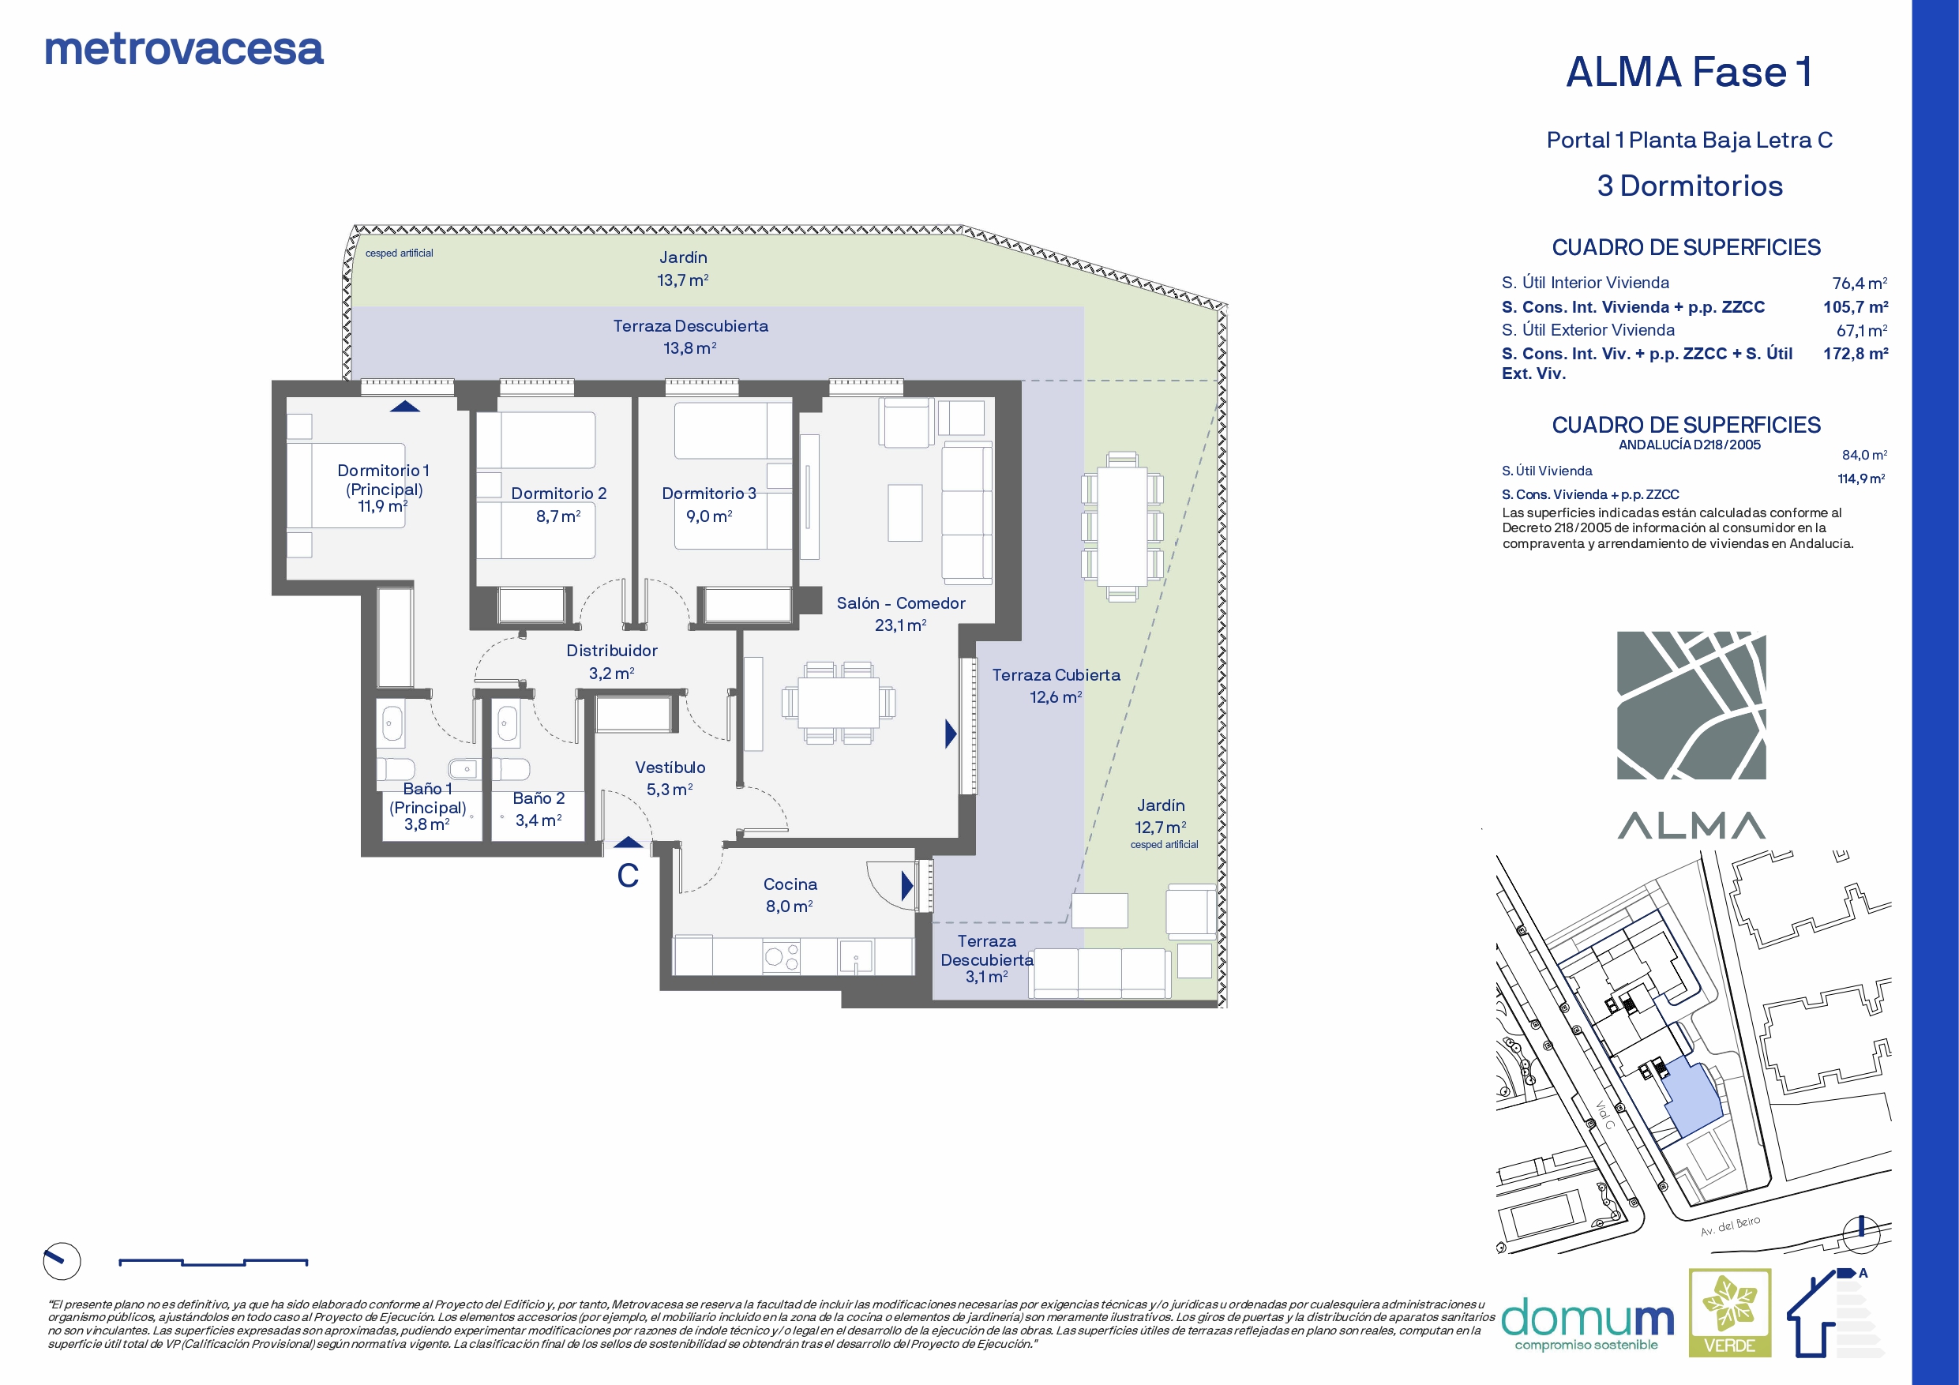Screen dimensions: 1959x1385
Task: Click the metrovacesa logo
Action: (x=183, y=50)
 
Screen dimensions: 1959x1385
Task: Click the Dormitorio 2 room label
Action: (x=559, y=494)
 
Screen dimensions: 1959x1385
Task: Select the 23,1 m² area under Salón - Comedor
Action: (x=900, y=625)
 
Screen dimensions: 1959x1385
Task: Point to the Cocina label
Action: (x=790, y=884)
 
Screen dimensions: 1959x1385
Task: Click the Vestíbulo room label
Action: (x=670, y=768)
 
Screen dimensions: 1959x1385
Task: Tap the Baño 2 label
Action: (x=539, y=798)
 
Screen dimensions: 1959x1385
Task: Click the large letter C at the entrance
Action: (x=628, y=876)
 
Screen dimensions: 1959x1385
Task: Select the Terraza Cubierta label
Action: (x=1056, y=674)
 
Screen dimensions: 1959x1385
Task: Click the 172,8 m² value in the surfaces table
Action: (x=1856, y=353)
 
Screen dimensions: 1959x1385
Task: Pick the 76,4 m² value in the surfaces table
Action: (x=1860, y=283)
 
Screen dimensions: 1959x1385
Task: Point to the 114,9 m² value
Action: (x=1861, y=479)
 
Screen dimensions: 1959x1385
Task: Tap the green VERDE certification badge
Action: (x=1729, y=1312)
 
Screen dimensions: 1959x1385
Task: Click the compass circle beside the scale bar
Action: (x=62, y=1261)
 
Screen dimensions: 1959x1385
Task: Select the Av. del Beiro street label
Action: (x=1729, y=1226)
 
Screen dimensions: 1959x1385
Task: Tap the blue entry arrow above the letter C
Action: (x=628, y=843)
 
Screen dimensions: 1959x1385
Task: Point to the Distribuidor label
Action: (x=612, y=651)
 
